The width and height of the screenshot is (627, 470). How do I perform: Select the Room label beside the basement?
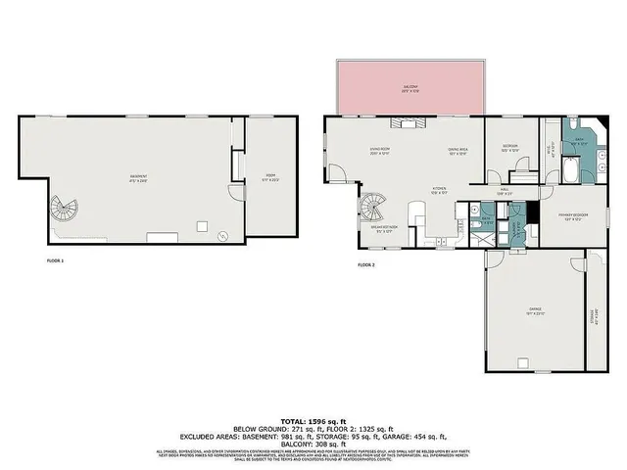tap(271, 178)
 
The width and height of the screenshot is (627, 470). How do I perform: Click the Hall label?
tap(504, 193)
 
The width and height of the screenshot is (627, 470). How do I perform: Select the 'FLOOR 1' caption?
tap(55, 260)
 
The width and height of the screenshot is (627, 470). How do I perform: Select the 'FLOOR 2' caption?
tap(366, 265)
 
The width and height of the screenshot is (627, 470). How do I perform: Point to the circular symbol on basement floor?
tap(223, 234)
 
